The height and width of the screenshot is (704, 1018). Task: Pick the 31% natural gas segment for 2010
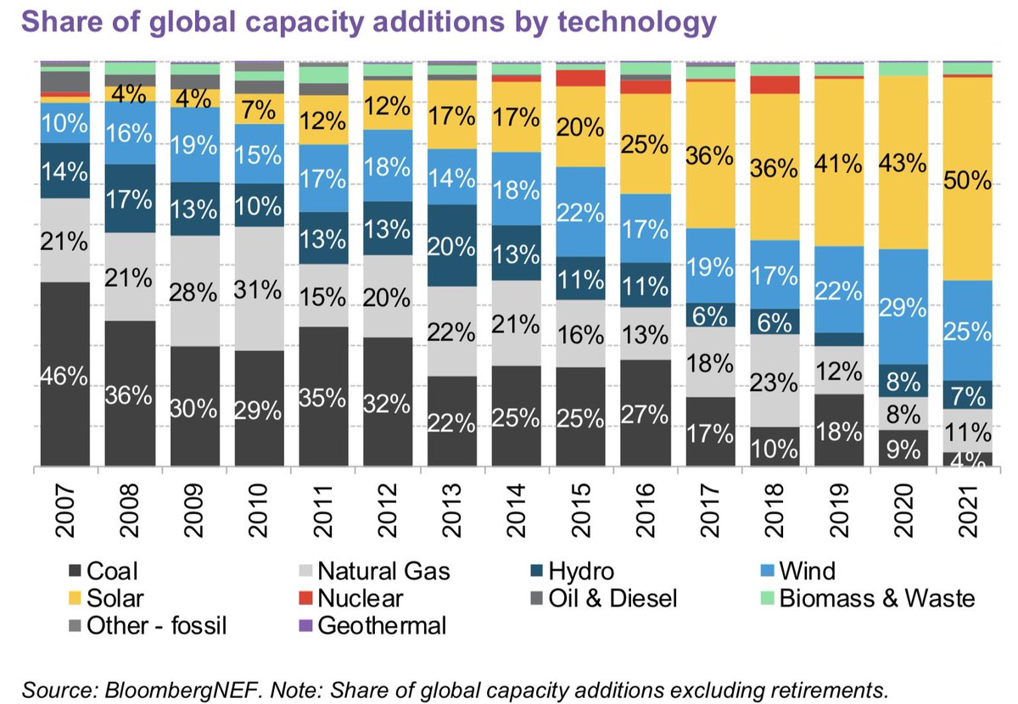260,288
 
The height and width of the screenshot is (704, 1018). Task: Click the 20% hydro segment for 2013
453,245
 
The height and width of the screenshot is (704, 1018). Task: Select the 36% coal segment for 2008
130,394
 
